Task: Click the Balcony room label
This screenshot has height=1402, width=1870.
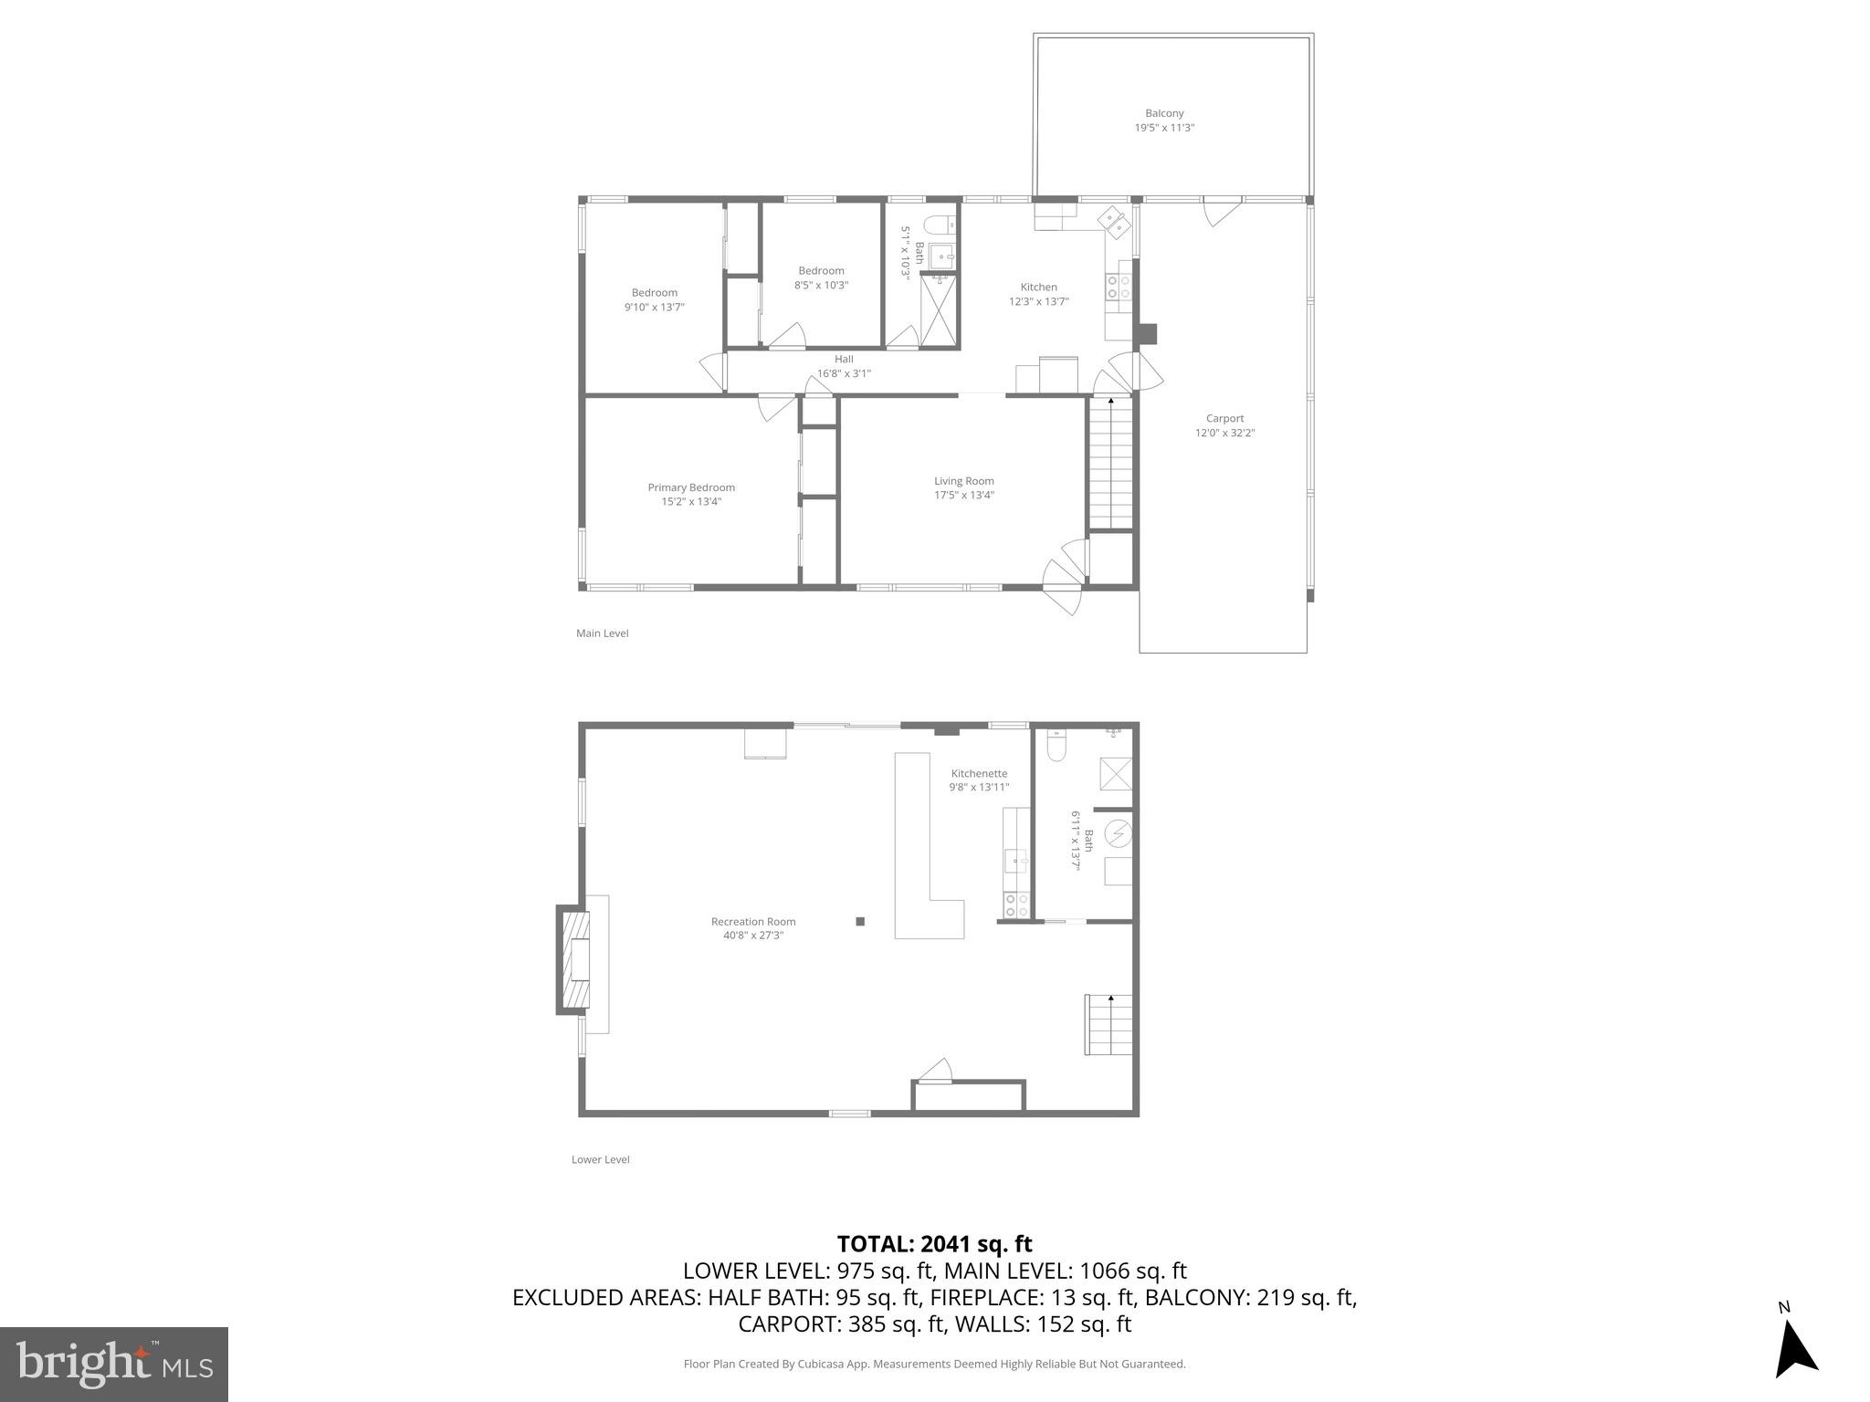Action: pos(1164,113)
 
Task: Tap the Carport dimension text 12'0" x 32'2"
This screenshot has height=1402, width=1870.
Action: pos(1224,434)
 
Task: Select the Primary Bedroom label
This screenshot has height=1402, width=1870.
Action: pos(691,487)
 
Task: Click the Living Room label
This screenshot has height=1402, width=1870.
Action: pos(963,481)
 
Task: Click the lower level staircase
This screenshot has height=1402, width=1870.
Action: pos(1108,1025)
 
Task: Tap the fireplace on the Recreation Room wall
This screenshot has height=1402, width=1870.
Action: pos(574,959)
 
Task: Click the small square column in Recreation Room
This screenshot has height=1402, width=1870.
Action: pos(860,922)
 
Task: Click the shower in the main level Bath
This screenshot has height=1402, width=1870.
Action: pos(940,311)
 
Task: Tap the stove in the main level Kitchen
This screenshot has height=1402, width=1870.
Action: pos(1119,288)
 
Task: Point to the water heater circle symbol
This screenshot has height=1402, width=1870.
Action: pos(1119,833)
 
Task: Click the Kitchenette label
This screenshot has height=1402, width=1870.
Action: pos(979,773)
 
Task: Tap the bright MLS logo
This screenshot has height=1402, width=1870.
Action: pos(114,1364)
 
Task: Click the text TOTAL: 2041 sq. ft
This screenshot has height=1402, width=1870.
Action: pos(934,1244)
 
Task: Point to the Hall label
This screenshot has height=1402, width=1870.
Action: pos(844,359)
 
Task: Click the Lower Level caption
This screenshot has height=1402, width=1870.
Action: pos(600,1159)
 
